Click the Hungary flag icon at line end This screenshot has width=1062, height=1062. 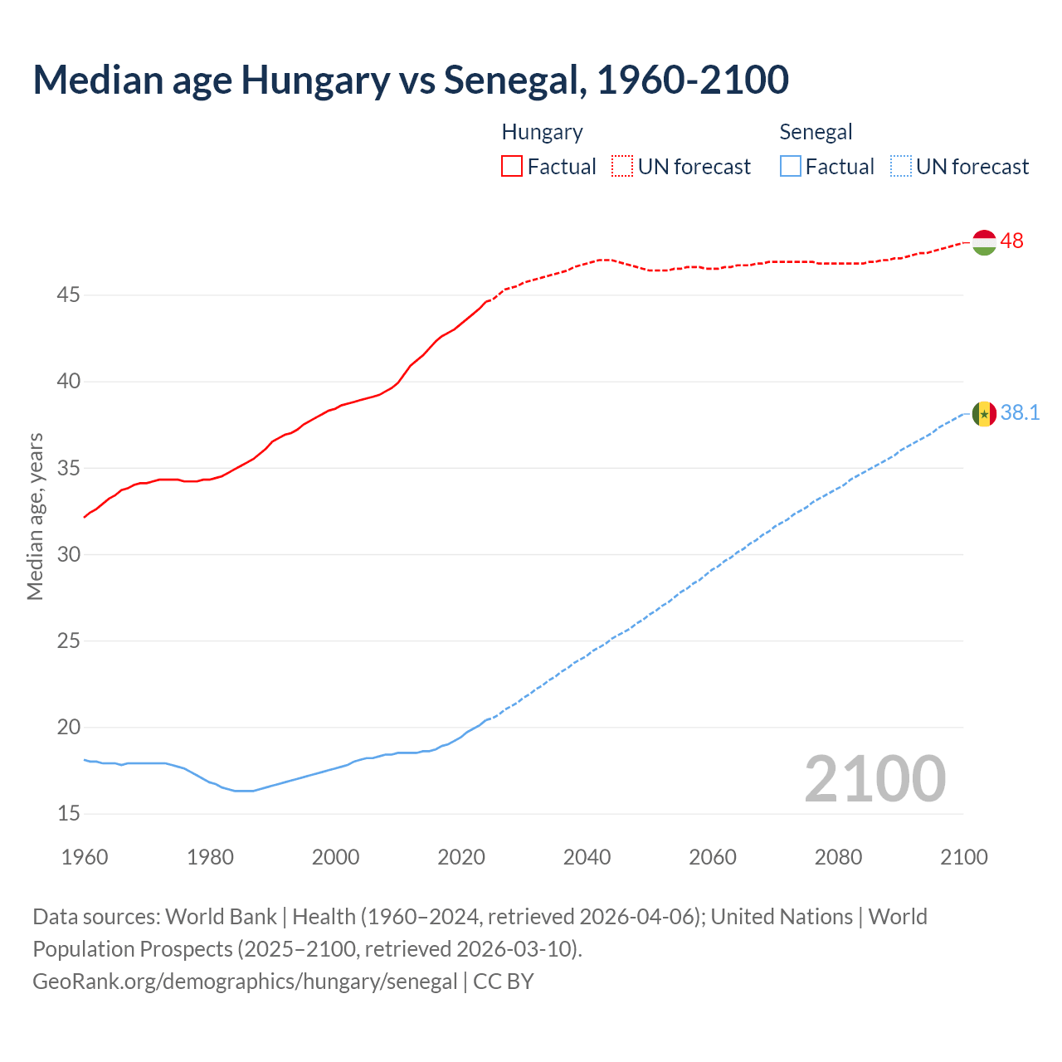984,242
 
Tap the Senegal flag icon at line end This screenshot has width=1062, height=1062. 984,413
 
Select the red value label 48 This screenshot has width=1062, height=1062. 1012,241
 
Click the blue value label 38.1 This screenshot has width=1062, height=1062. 1021,413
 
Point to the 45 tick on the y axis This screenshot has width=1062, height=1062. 69,295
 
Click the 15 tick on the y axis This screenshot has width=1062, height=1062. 69,814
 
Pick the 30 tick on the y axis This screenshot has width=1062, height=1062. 69,555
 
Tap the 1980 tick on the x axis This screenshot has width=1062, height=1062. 210,857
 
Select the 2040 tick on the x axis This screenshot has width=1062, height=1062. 587,857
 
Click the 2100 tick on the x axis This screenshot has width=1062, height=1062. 963,857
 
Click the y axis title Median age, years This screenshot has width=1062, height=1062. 35,516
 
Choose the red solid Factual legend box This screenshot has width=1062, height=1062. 512,167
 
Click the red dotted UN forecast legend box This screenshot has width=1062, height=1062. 622,167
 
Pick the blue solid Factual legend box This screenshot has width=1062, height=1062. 791,167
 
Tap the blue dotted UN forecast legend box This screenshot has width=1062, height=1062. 901,167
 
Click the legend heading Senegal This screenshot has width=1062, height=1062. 816,132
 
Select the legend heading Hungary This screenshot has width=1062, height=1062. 542,132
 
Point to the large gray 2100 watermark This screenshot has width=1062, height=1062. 875,779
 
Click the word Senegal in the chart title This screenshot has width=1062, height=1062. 514,80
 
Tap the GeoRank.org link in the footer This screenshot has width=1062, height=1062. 245,982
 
